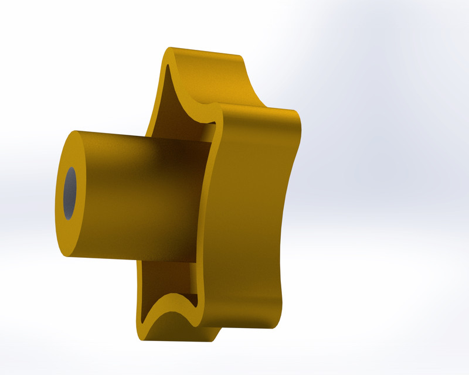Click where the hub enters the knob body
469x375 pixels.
tap(202, 199)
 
